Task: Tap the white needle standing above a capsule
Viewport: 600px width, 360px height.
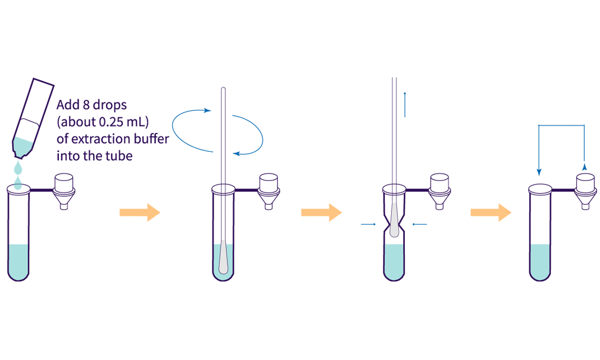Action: (394, 219)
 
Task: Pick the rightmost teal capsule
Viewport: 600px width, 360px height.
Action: (540, 259)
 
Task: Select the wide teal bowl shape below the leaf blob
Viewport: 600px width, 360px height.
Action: (22, 168)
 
